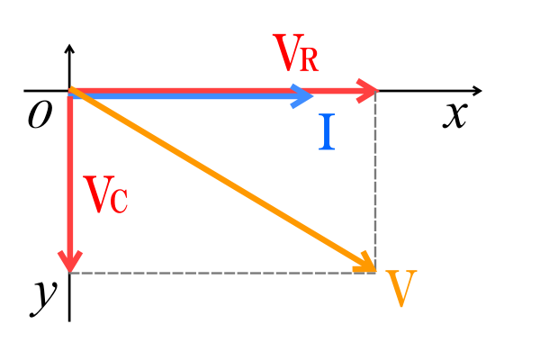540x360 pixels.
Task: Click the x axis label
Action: point(454,115)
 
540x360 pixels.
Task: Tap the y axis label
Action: point(42,294)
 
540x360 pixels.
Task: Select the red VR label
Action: point(296,56)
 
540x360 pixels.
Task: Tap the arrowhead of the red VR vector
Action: point(367,90)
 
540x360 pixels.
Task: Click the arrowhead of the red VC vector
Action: point(69,261)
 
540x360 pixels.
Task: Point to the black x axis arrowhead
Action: point(477,91)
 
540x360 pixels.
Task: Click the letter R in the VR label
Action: point(308,60)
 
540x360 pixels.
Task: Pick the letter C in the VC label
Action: point(119,200)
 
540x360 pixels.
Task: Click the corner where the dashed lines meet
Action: point(375,273)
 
